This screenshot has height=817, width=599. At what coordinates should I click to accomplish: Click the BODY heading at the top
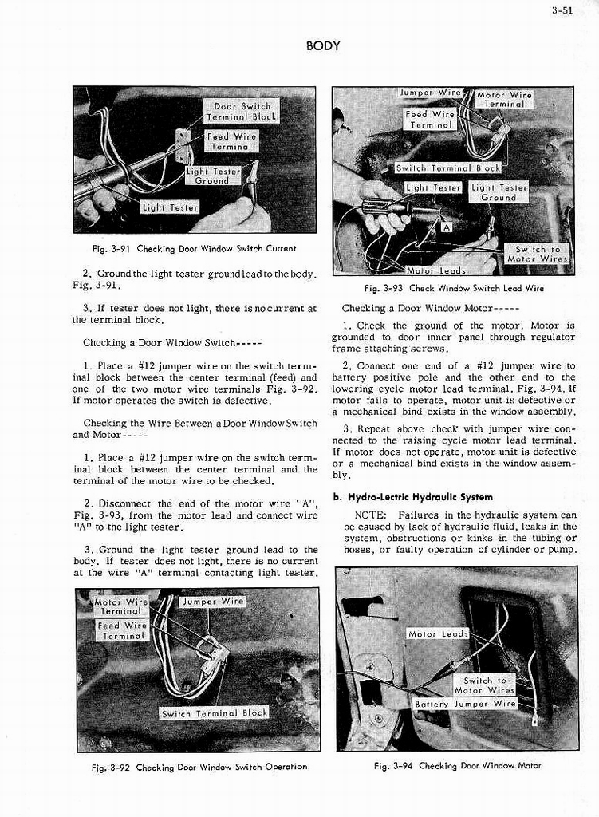coord(323,45)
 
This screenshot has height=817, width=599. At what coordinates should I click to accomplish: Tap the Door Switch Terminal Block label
coord(242,111)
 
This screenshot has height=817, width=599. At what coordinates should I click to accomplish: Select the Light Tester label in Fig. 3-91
coord(170,207)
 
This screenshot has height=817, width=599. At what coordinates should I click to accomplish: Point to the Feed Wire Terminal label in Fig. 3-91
coord(231,141)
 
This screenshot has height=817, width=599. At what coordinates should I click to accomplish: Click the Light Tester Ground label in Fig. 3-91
coord(212,176)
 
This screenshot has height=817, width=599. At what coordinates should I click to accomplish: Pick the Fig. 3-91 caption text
coord(194,248)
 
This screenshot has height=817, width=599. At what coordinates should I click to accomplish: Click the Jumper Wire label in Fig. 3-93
coord(429,93)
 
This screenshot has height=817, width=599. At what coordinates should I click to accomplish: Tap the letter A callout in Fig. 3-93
coord(447,227)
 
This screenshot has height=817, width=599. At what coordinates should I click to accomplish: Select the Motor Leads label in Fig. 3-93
coord(435,270)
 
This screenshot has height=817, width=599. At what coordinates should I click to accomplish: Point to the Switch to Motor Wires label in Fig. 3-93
coord(537,254)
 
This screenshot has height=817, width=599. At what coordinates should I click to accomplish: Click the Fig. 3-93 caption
coord(454,288)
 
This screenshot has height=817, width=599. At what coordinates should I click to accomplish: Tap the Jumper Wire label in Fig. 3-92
coord(211,601)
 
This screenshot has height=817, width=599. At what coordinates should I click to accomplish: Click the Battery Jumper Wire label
coord(465,704)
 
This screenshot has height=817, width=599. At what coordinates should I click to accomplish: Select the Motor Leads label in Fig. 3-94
coord(437,633)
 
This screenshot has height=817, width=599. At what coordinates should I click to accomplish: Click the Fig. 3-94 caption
coord(457,765)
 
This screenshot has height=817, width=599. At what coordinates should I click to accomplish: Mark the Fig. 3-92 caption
coord(199,767)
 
